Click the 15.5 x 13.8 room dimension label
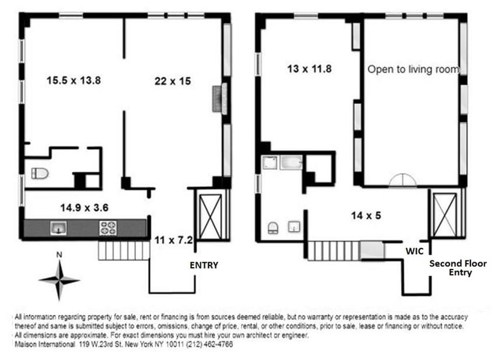tap(73, 79)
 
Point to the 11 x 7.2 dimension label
tap(174, 241)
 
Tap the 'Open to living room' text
tap(413, 70)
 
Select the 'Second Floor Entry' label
tap(458, 268)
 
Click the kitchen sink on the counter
tap(58, 228)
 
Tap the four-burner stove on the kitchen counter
tap(108, 228)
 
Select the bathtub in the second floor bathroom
tap(292, 163)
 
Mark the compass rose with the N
tap(59, 278)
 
